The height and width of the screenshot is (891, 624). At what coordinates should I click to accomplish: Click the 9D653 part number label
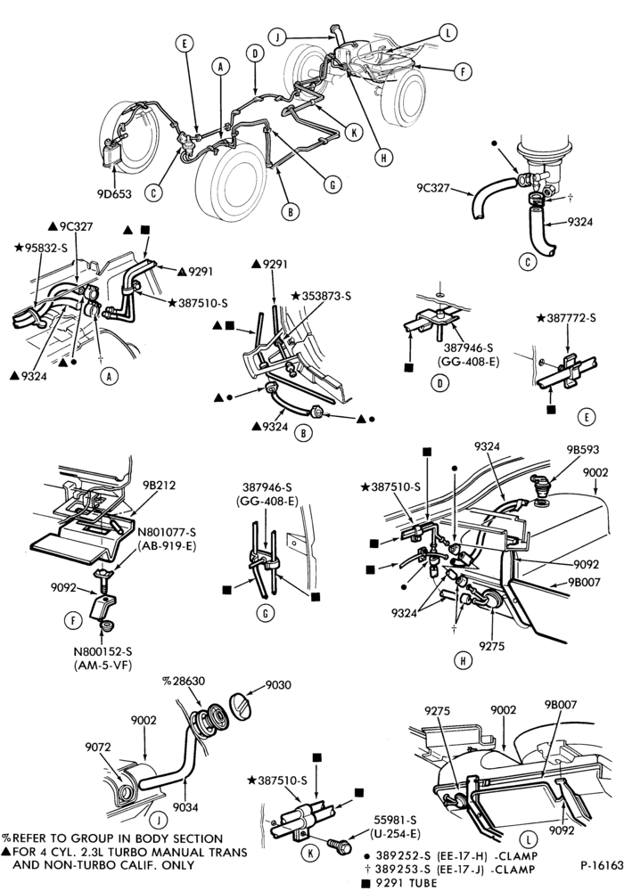click(114, 193)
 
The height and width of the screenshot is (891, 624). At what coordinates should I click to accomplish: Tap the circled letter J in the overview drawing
click(277, 37)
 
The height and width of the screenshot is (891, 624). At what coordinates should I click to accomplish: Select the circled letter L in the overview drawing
click(447, 32)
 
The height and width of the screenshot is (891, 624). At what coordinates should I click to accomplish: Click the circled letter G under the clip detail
click(266, 613)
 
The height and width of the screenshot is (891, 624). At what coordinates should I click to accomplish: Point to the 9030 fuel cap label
click(278, 684)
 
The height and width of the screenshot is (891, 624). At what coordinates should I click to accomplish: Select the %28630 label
click(184, 681)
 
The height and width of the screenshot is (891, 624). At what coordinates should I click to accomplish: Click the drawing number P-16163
click(602, 865)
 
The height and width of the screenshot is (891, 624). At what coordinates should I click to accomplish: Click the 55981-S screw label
click(396, 820)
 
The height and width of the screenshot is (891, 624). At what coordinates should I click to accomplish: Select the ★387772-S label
click(566, 318)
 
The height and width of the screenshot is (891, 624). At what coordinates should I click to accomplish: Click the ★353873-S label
click(321, 296)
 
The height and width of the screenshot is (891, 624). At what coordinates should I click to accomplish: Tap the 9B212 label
click(160, 486)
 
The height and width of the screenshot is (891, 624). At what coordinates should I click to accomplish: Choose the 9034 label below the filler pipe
click(185, 807)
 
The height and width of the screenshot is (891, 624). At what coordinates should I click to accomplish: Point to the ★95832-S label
click(41, 247)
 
